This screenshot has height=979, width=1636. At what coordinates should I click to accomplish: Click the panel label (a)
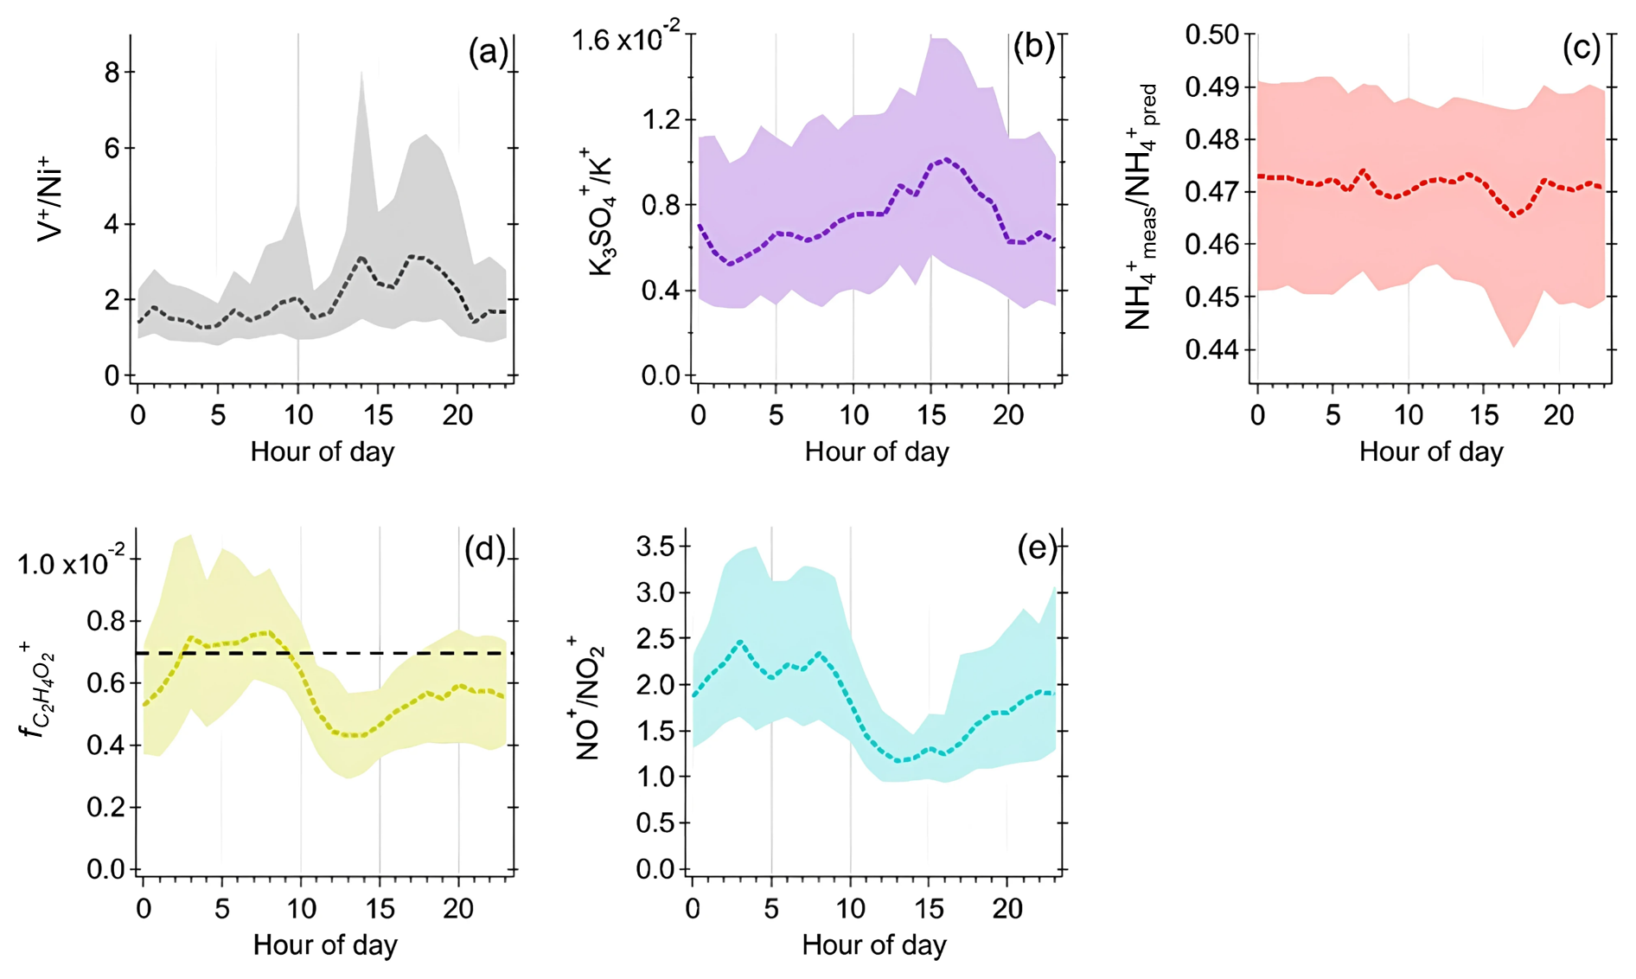click(488, 53)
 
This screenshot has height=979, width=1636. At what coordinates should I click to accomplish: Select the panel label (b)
click(1033, 48)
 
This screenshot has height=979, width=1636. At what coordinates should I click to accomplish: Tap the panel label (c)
click(1581, 48)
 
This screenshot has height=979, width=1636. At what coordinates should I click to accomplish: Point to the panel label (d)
click(484, 549)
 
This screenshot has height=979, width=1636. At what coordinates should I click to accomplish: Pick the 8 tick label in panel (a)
click(112, 73)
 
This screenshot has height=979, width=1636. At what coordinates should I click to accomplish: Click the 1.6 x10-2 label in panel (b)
click(625, 41)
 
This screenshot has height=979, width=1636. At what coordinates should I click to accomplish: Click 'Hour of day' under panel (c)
click(1431, 451)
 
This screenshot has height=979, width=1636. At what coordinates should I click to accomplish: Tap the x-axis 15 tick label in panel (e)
click(930, 909)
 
